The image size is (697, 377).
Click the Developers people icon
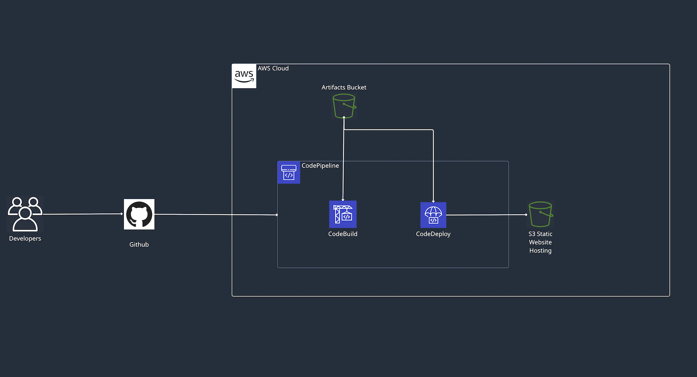25,214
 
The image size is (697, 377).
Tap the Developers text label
25,239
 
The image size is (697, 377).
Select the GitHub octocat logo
139,214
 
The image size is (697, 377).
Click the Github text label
139,245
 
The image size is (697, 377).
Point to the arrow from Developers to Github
83,214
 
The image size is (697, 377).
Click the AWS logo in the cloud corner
244,76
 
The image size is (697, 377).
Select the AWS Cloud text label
273,68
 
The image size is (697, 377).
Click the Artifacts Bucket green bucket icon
344,106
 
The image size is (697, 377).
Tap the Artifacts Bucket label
344,87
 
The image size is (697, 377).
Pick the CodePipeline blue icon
289,172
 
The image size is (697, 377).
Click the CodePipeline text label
320,166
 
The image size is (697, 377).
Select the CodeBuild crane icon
343,214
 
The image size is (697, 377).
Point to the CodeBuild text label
343,234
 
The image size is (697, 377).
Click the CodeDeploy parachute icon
433,215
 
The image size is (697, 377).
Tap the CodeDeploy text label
433,234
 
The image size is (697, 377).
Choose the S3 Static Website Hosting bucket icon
540,214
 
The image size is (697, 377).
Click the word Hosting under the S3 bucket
540,251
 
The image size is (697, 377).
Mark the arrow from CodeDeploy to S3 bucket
487,215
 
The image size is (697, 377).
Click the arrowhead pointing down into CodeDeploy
433,201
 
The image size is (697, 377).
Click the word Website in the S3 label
540,242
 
